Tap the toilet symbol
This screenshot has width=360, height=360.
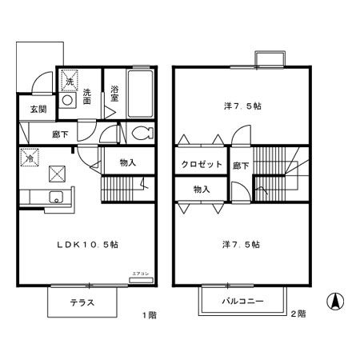pos(142,133)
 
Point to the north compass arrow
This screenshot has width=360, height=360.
pos(336,302)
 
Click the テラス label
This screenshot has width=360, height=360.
pos(82,303)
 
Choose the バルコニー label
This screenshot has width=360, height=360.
pos(244,302)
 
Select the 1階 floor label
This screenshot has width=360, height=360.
pos(150,315)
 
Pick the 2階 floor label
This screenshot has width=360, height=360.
pos(297,315)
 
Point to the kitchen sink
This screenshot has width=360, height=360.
pos(57,198)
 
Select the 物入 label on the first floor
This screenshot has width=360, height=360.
pos(127,163)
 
